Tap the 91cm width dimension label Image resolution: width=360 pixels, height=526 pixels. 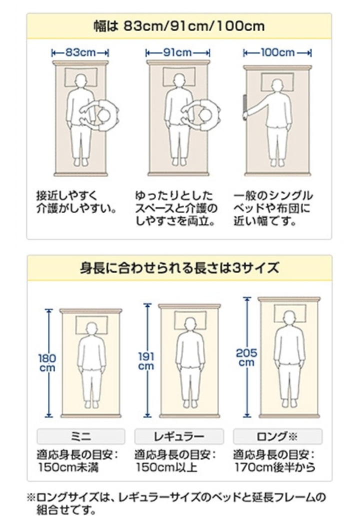[177, 52]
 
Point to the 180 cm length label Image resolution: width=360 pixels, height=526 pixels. [47, 363]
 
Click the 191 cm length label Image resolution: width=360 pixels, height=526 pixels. [146, 361]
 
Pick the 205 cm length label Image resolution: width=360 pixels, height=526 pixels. [246, 357]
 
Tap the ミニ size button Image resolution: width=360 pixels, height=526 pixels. [81, 436]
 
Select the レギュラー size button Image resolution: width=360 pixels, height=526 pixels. [179, 436]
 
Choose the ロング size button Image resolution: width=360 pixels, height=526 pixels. [278, 436]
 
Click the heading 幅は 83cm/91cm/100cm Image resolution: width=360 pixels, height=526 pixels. [179, 26]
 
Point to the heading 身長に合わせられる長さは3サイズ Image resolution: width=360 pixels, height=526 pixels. [179, 268]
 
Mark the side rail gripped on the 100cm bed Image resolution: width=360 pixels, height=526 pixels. [245, 106]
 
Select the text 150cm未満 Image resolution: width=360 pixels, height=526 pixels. [68, 467]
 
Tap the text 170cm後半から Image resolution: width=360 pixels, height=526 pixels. [275, 467]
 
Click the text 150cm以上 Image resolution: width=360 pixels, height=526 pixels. [166, 467]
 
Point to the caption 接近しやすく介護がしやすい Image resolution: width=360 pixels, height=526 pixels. [77, 202]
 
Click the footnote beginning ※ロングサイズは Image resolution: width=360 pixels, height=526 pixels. [176, 503]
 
